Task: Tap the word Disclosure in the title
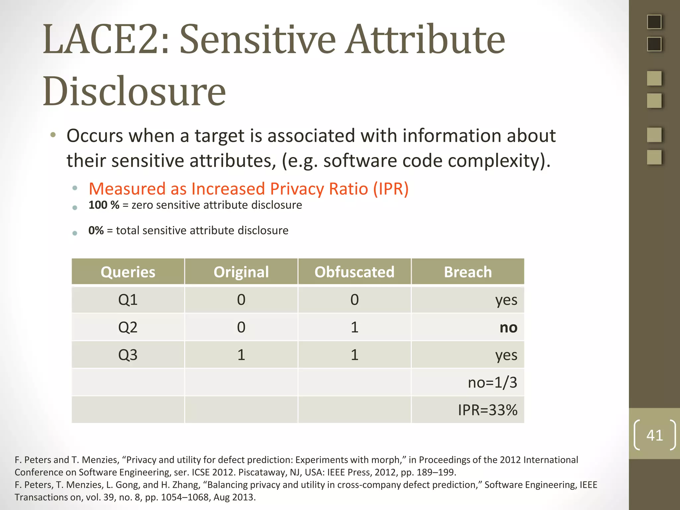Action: coord(134,91)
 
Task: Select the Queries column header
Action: coord(128,272)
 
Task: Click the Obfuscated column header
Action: coord(354,272)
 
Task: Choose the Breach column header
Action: coord(467,272)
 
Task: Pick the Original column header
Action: coord(241,272)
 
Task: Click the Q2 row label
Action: coord(128,327)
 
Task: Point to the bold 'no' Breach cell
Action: coord(508,328)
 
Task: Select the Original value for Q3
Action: coord(241,355)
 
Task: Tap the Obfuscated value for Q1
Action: coord(354,300)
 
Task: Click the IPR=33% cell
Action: coord(487,410)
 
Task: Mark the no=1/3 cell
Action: coord(492,382)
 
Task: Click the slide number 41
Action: coord(654,435)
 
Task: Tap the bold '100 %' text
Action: coord(104,205)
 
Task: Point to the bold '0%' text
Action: coord(96,230)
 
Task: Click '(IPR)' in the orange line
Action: coord(391,189)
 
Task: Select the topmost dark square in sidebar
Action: coord(654,22)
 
